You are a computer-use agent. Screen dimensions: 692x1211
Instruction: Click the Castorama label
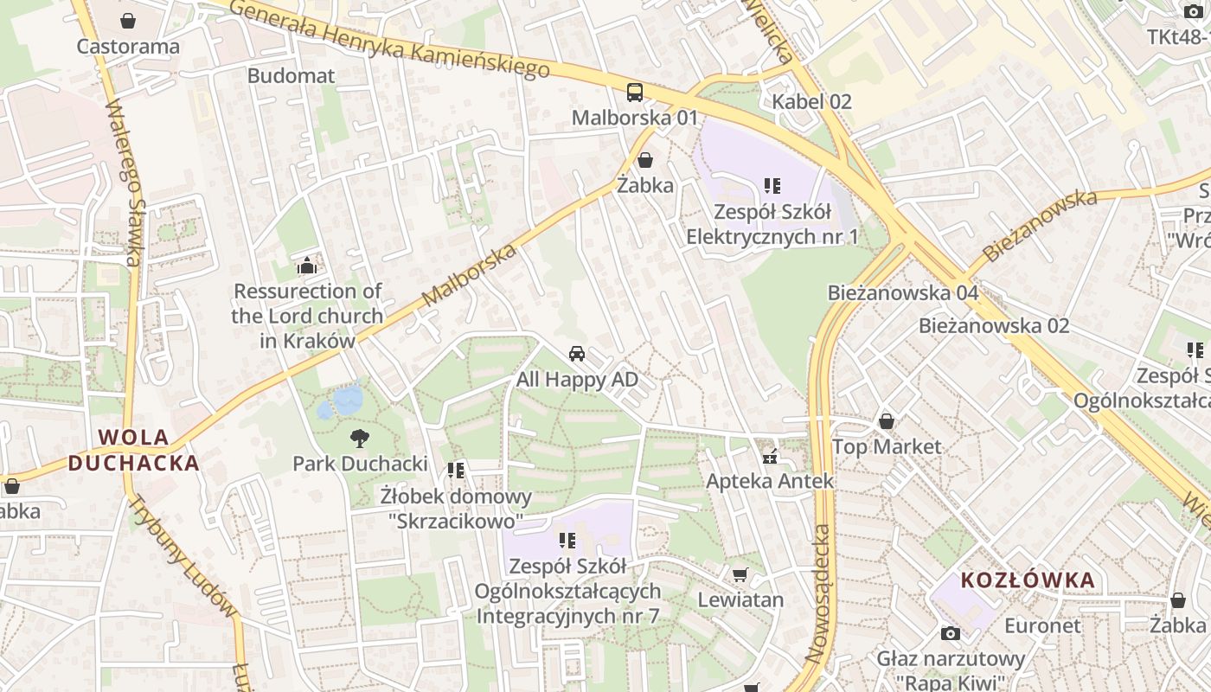[x=128, y=46]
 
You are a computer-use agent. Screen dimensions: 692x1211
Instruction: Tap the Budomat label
[x=291, y=75]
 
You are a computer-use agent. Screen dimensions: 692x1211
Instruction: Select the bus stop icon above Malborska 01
[x=635, y=92]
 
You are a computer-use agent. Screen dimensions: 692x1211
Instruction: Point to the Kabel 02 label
[x=812, y=101]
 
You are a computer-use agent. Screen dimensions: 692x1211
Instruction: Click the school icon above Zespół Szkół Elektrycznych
[x=772, y=185]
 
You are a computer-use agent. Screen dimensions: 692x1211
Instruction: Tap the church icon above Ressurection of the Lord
[x=306, y=266]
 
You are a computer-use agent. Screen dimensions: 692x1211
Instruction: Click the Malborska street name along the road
[x=470, y=275]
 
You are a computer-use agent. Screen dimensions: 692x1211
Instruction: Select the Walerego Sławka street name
[x=125, y=183]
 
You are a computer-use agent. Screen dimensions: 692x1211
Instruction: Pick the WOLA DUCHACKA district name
[x=134, y=450]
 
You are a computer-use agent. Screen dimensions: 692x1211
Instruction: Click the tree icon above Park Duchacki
[x=359, y=439]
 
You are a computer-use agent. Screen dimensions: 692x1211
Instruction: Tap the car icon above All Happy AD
[x=577, y=354]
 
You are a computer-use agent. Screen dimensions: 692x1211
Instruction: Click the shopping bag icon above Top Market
[x=886, y=421]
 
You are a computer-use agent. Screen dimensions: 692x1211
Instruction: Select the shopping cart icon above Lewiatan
[x=740, y=574]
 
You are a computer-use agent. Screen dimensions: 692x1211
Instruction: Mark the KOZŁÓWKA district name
[x=1028, y=580]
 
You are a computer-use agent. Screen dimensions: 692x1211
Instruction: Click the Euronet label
[x=1042, y=625]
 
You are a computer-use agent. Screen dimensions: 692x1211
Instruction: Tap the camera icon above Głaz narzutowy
[x=950, y=633]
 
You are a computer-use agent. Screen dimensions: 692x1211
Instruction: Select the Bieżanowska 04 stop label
[x=903, y=292]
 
